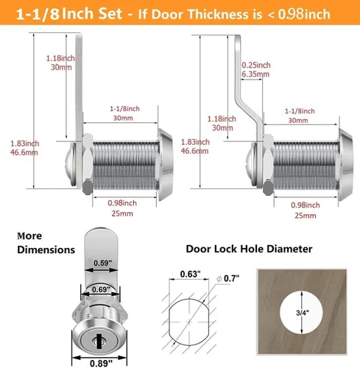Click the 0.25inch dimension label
pyautogui.click(x=256, y=65)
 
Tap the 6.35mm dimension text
pyautogui.click(x=255, y=74)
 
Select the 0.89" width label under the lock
pyautogui.click(x=101, y=363)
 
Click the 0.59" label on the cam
pyautogui.click(x=102, y=263)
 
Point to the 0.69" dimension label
pyautogui.click(x=101, y=289)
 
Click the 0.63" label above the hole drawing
pyautogui.click(x=190, y=274)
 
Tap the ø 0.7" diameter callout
pyautogui.click(x=227, y=278)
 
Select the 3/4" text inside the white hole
pyautogui.click(x=303, y=313)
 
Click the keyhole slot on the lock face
pyautogui.click(x=99, y=341)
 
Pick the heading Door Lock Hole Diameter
pyautogui.click(x=249, y=249)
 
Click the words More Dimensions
pyautogui.click(x=46, y=243)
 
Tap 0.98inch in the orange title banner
pyautogui.click(x=304, y=14)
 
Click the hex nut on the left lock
pyautogui.click(x=88, y=164)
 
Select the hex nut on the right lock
pyautogui.click(x=268, y=165)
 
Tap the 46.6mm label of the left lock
pyautogui.click(x=24, y=152)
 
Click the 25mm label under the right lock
pyautogui.click(x=306, y=216)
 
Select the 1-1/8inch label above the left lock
pyautogui.click(x=124, y=109)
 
